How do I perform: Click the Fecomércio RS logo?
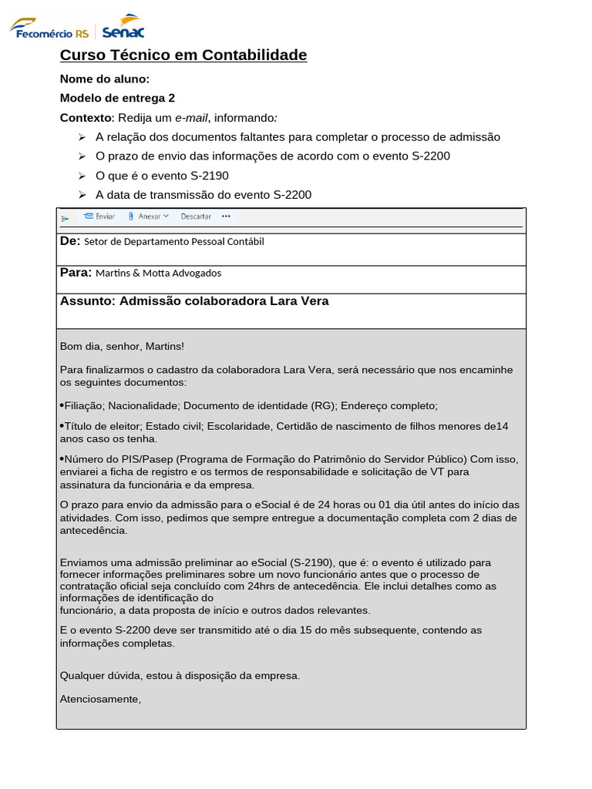[x=49, y=29]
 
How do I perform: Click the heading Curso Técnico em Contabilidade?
[x=183, y=55]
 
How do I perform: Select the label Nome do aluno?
[x=105, y=79]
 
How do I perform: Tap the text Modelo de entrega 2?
[x=117, y=98]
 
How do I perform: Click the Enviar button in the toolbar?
[x=99, y=217]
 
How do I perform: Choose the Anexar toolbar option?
[x=148, y=217]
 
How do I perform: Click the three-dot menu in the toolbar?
[x=226, y=217]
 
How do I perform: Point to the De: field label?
[x=70, y=241]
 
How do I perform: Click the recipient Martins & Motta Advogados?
[x=158, y=273]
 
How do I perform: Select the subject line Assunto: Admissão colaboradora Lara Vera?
[x=194, y=301]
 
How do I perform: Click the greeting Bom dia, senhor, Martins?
[x=122, y=347]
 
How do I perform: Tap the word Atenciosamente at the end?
[x=100, y=699]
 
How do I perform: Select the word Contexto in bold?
[x=86, y=118]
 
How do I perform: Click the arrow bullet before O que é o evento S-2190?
[x=82, y=176]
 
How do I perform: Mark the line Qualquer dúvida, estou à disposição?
[x=180, y=676]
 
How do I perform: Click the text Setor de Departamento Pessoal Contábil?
[x=173, y=242]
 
